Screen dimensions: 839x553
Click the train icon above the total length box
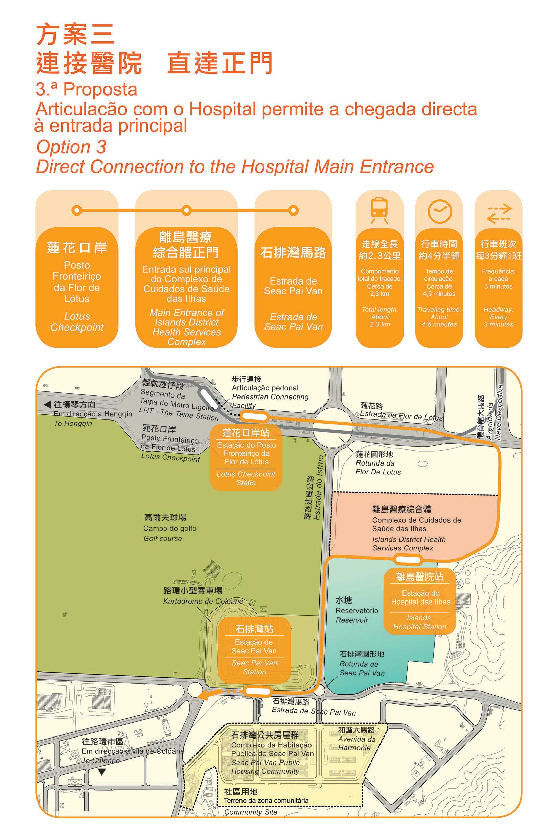coord(379,210)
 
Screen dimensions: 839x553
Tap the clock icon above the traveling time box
coord(439,210)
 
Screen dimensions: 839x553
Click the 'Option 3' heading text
coord(71,147)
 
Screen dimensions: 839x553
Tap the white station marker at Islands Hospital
coord(408,559)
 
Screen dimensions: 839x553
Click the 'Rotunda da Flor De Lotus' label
coord(378,463)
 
